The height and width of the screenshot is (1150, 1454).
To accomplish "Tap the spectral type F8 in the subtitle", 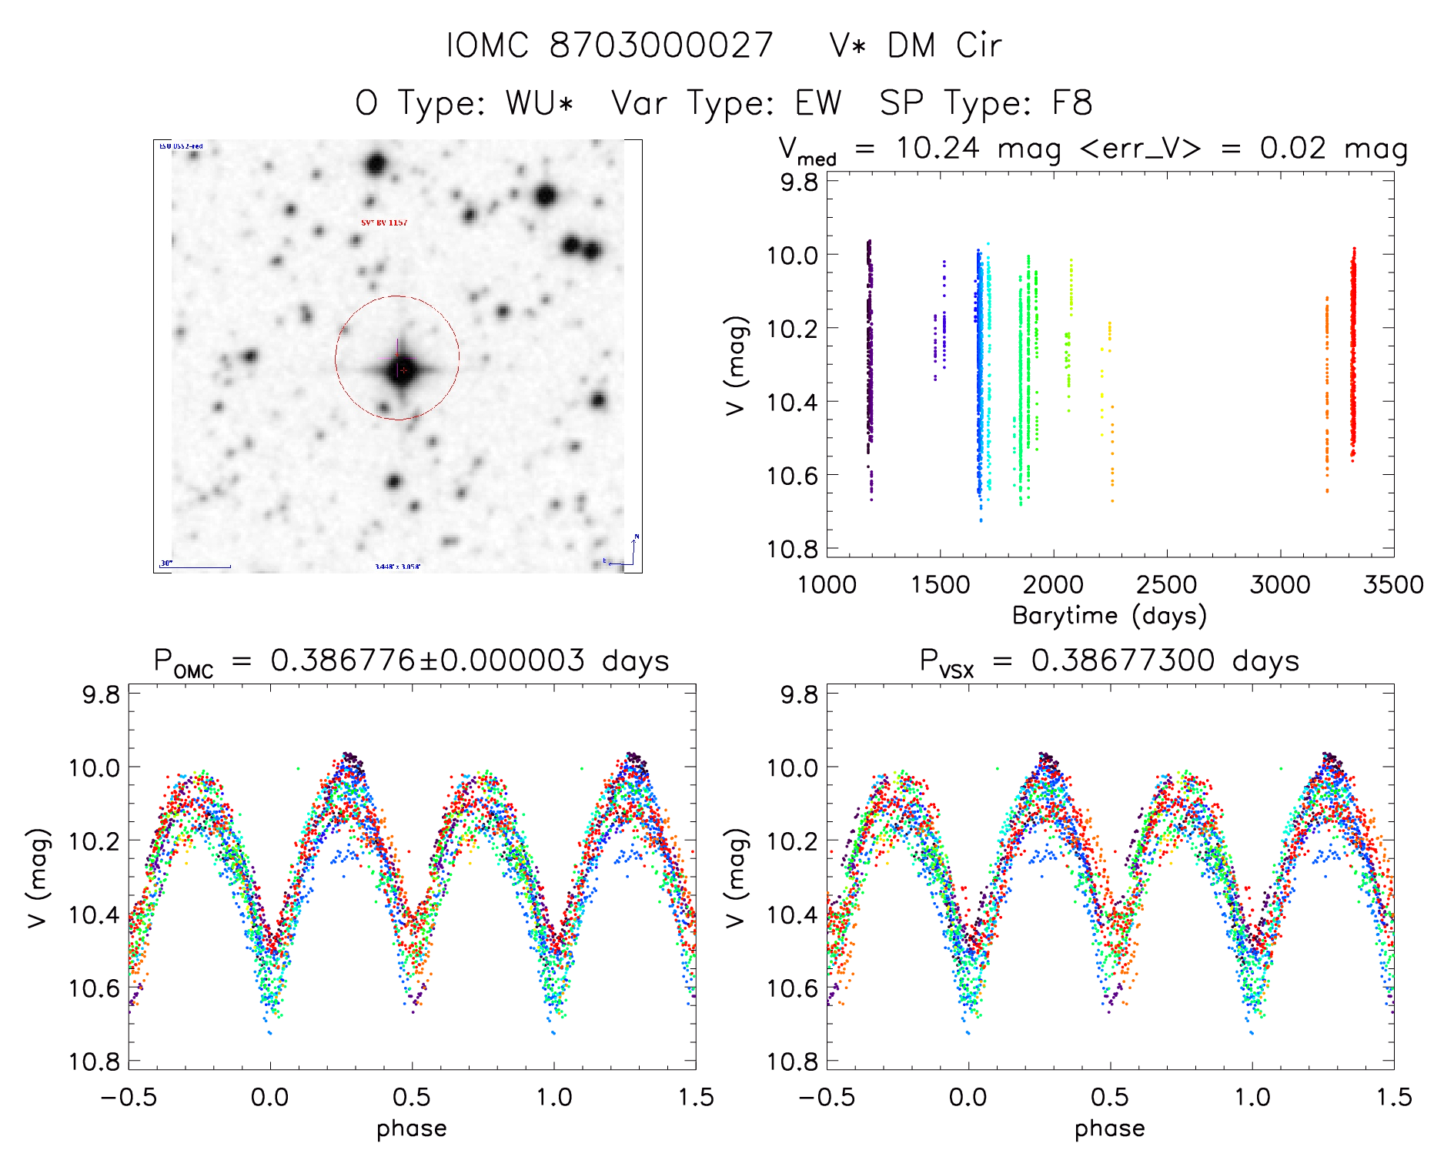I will (x=1072, y=103).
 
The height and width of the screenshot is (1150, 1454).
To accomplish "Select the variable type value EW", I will (x=818, y=103).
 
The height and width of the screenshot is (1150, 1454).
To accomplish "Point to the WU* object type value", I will (x=539, y=103).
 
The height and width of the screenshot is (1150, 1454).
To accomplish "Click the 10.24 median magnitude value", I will (x=938, y=148).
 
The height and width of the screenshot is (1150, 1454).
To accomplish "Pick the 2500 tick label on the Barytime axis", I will (x=1166, y=585).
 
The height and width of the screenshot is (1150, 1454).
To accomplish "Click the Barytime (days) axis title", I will (x=1109, y=616).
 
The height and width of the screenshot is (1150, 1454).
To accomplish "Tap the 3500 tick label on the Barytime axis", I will (x=1393, y=585).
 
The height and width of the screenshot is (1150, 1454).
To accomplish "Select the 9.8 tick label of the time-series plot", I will (x=798, y=182).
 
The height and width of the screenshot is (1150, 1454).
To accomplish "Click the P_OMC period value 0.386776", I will (x=343, y=660).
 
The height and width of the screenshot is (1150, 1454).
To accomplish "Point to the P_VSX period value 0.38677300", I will (x=1123, y=660).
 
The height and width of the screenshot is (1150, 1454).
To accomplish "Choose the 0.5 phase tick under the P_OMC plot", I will (x=412, y=1097).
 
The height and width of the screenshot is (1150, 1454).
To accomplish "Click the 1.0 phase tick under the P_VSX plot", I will (x=1252, y=1097).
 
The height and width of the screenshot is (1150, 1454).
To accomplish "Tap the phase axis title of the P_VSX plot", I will (x=1109, y=1128).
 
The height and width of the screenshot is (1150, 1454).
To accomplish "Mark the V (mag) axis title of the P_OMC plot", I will (x=38, y=878).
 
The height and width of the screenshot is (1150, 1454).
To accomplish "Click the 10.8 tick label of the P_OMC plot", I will (x=94, y=1062).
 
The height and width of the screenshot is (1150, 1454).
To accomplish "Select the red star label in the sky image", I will (x=384, y=222).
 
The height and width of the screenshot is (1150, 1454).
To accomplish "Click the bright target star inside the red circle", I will (x=401, y=370).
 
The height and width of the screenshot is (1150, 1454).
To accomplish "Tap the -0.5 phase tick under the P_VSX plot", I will (x=827, y=1097).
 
